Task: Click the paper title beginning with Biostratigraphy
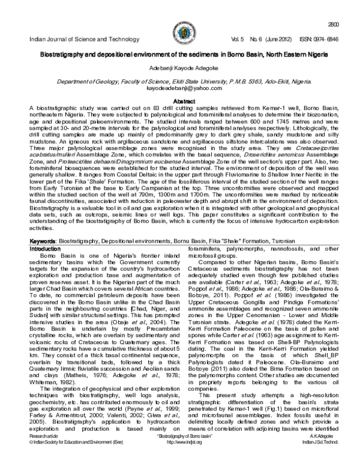[180, 55]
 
